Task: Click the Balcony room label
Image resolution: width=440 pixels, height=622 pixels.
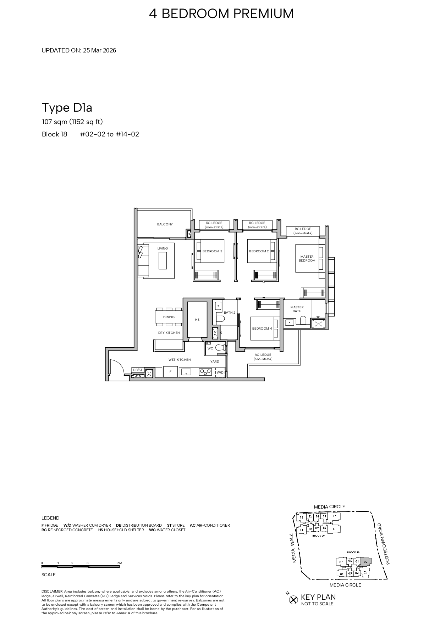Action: pyautogui.click(x=165, y=224)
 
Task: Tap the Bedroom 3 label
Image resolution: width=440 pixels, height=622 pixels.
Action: pyautogui.click(x=212, y=251)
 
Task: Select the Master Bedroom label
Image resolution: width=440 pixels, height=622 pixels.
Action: pyautogui.click(x=307, y=259)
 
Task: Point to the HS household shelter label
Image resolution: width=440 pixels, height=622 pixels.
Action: pyautogui.click(x=197, y=320)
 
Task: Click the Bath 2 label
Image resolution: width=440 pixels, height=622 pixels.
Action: pyautogui.click(x=230, y=313)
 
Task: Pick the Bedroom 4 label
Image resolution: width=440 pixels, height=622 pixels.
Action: pyautogui.click(x=262, y=329)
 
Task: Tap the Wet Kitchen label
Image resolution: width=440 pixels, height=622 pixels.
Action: pyautogui.click(x=180, y=360)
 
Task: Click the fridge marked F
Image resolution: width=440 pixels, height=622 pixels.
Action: pyautogui.click(x=171, y=372)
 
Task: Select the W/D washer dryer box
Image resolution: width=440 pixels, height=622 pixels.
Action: pyautogui.click(x=220, y=372)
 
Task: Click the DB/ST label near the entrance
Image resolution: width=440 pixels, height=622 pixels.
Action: pyautogui.click(x=137, y=370)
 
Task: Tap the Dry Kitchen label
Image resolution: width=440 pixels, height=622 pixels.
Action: pyautogui.click(x=169, y=333)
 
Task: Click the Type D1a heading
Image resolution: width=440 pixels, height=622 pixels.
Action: pyautogui.click(x=67, y=107)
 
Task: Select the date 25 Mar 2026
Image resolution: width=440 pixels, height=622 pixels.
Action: pyautogui.click(x=99, y=50)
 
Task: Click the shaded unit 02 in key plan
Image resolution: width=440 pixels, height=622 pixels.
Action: pyautogui.click(x=366, y=561)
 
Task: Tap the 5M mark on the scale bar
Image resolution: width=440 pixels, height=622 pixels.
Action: pyautogui.click(x=120, y=563)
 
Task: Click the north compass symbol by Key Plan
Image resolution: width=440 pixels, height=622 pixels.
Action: pyautogui.click(x=293, y=600)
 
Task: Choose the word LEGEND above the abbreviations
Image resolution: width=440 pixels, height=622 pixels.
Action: pyautogui.click(x=50, y=518)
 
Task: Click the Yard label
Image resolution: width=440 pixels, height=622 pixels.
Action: pyautogui.click(x=215, y=362)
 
